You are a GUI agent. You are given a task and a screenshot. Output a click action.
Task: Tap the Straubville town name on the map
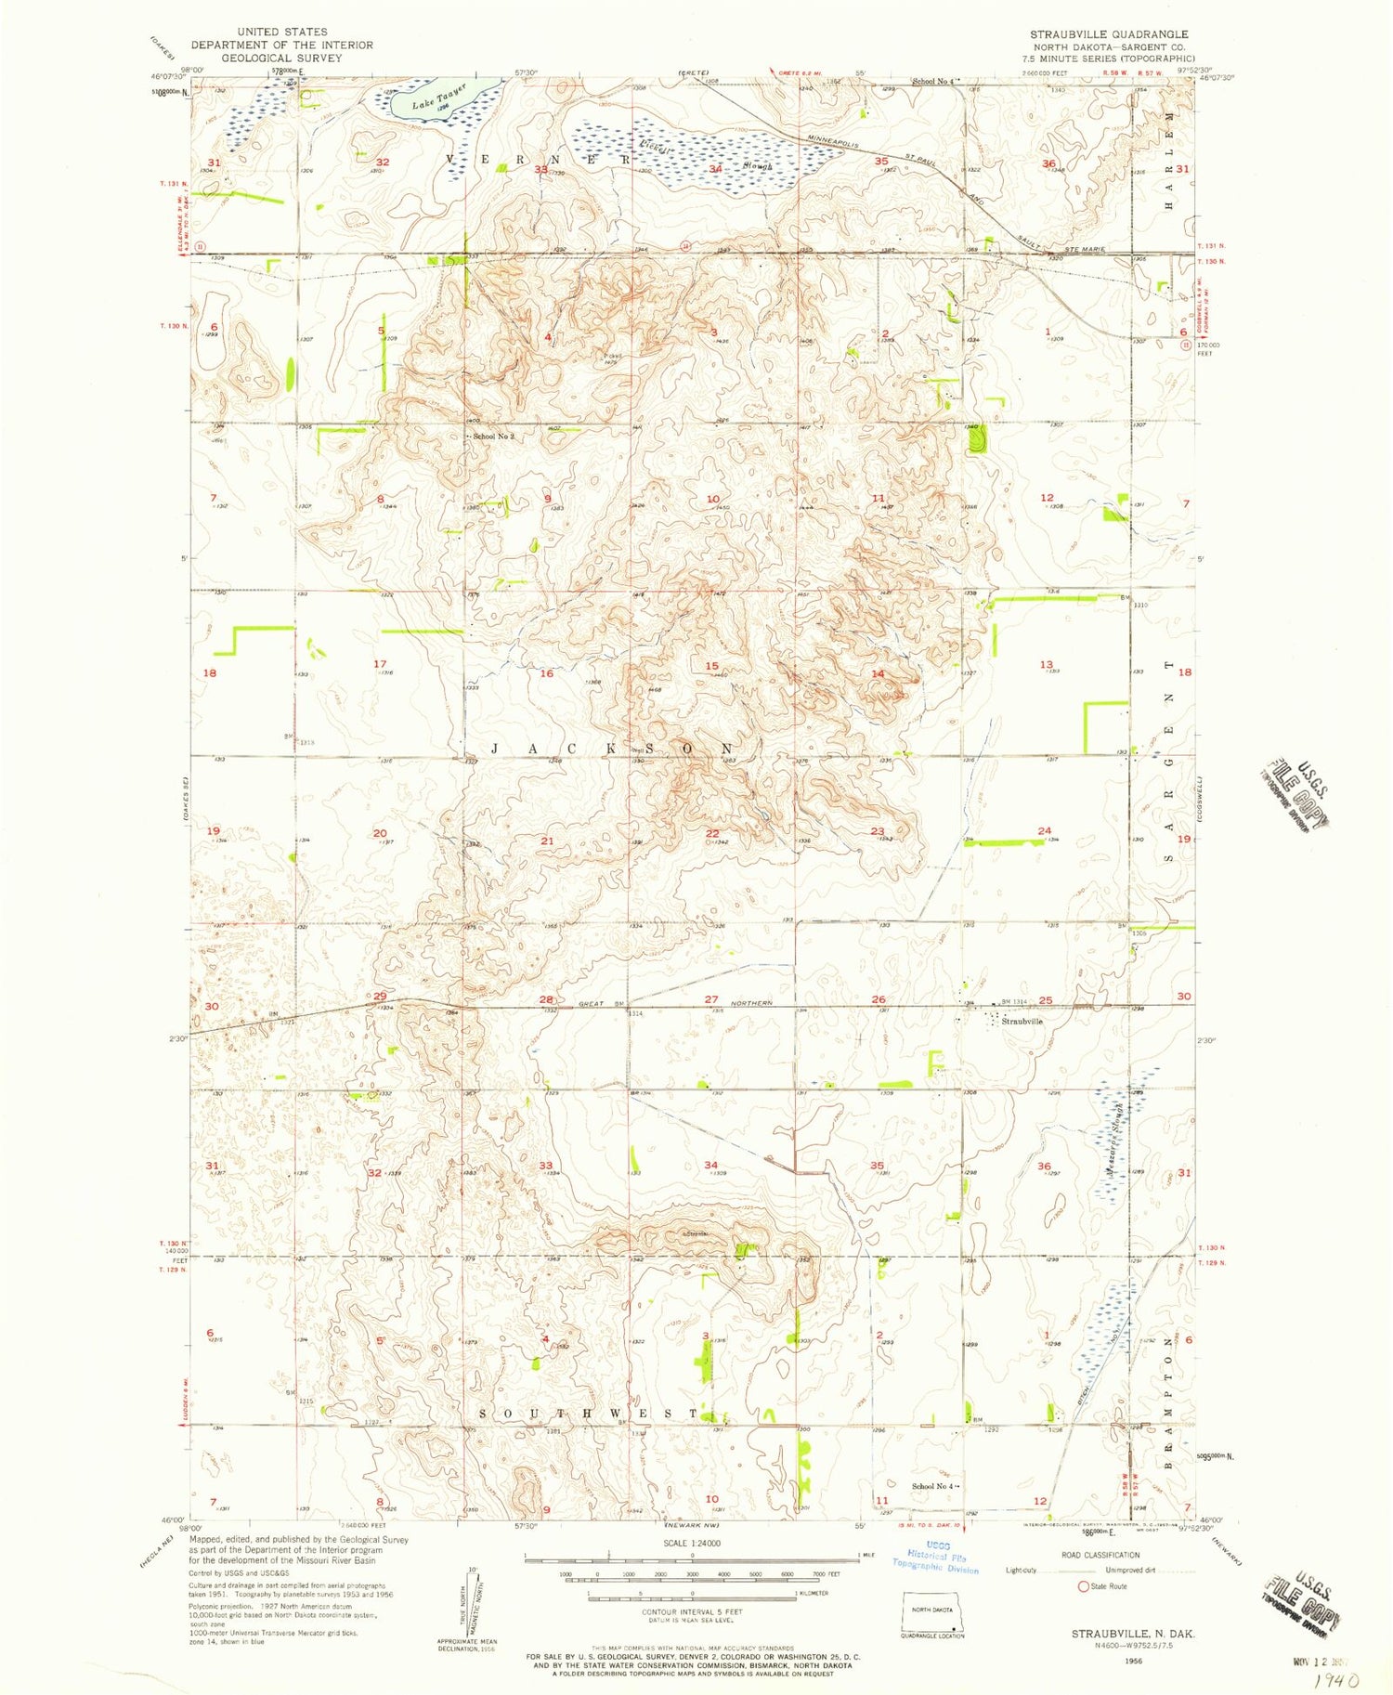[x=1022, y=1021]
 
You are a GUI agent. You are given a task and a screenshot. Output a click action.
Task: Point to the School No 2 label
[x=493, y=436]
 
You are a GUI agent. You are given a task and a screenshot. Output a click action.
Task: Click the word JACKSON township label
[x=613, y=749]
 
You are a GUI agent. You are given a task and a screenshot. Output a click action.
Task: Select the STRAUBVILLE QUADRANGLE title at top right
[x=1109, y=34]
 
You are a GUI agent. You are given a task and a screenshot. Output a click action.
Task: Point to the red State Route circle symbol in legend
[x=1082, y=1586]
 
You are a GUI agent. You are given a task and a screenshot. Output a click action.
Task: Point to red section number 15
[x=712, y=666]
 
